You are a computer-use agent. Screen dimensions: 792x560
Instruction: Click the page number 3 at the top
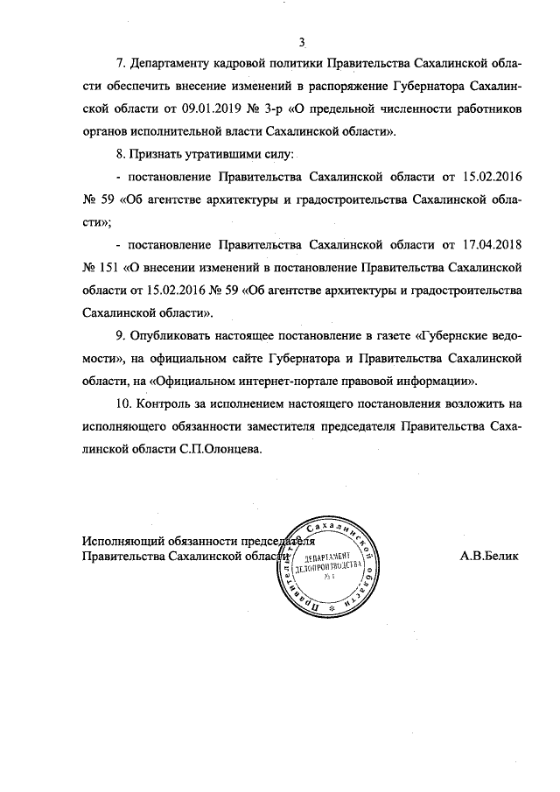point(301,40)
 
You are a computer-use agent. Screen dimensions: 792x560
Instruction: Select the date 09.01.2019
point(214,109)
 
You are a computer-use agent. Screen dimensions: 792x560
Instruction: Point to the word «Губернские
point(452,335)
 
